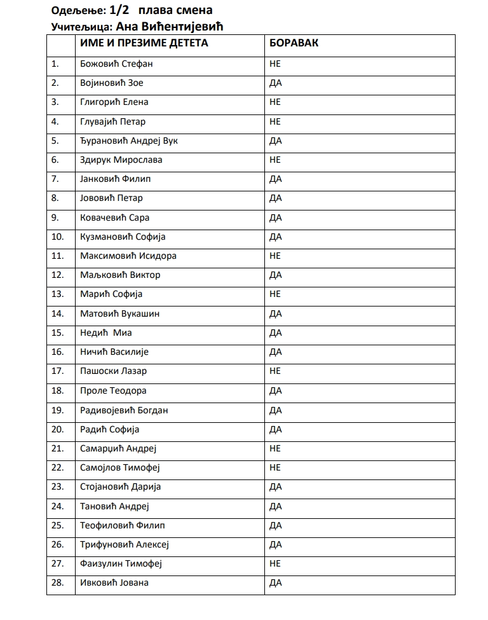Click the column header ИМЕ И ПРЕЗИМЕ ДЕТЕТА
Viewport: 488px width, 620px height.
click(x=144, y=44)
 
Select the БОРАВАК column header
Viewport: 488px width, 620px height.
click(x=294, y=44)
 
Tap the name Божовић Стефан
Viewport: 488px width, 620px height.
click(x=116, y=64)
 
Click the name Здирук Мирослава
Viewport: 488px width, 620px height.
click(x=121, y=160)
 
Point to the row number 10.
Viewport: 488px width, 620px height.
click(x=58, y=237)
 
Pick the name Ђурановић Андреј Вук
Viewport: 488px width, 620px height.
click(x=129, y=141)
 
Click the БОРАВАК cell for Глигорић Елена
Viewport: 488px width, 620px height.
click(x=275, y=102)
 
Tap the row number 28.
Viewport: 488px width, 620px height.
click(x=58, y=582)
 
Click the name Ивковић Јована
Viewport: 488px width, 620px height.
click(x=114, y=582)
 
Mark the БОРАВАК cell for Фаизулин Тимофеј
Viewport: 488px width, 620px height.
click(x=275, y=563)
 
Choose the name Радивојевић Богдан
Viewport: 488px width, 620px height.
click(x=124, y=410)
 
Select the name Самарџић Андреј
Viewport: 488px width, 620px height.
click(x=118, y=448)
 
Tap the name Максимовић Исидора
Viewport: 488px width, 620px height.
click(x=128, y=256)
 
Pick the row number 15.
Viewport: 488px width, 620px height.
click(x=58, y=333)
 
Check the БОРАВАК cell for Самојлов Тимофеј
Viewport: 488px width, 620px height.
click(x=275, y=467)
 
